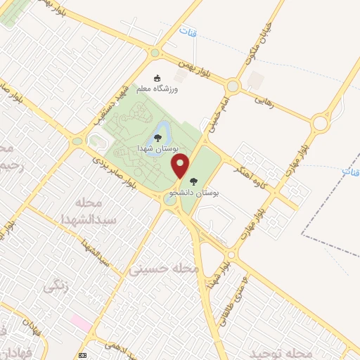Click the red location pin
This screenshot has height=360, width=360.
[181, 167]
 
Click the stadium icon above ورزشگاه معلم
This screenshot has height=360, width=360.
[157, 78]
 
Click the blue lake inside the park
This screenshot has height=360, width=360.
[160, 131]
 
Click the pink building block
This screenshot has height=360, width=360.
[80, 324]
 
